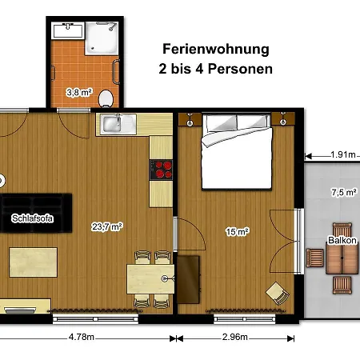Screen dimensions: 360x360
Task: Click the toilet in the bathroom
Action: tap(106, 98)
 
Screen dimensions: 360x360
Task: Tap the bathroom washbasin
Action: tap(68, 30)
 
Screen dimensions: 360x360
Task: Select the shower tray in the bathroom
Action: tap(102, 38)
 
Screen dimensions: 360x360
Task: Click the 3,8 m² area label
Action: tap(79, 93)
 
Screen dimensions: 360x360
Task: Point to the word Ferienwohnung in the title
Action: tap(216, 50)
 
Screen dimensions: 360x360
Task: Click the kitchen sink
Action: tap(116, 124)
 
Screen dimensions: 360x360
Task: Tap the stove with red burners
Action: tap(161, 170)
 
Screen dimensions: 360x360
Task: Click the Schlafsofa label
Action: tap(32, 218)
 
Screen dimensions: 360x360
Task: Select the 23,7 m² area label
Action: tap(107, 226)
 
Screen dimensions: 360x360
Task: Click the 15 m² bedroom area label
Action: tap(238, 231)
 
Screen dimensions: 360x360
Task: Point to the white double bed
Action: tap(237, 152)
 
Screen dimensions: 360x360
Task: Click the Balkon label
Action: tap(342, 240)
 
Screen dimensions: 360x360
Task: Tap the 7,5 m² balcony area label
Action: tap(344, 192)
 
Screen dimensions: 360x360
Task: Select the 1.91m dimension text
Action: tap(343, 154)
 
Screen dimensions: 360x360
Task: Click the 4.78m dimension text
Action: tap(82, 337)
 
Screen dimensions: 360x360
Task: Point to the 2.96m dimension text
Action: tap(235, 337)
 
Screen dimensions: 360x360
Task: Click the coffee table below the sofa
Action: tap(34, 262)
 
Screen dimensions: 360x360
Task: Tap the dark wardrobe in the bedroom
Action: tap(189, 279)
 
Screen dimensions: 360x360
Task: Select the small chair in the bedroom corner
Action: tap(278, 294)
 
